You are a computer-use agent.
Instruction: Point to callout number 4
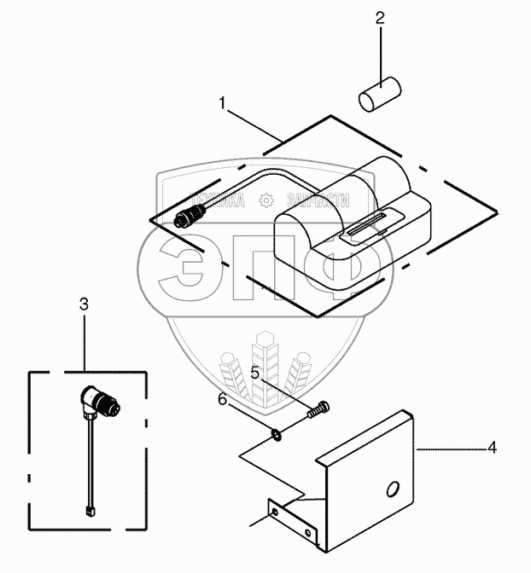pyautogui.click(x=492, y=447)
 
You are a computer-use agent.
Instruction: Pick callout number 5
pyautogui.click(x=254, y=373)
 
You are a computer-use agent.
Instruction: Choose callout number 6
pyautogui.click(x=222, y=399)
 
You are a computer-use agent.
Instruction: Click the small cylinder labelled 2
pyautogui.click(x=379, y=94)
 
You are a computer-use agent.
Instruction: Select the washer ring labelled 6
pyautogui.click(x=277, y=436)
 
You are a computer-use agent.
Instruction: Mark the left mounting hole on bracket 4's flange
pyautogui.click(x=273, y=513)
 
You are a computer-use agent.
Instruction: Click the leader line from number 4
pyautogui.click(x=452, y=448)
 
